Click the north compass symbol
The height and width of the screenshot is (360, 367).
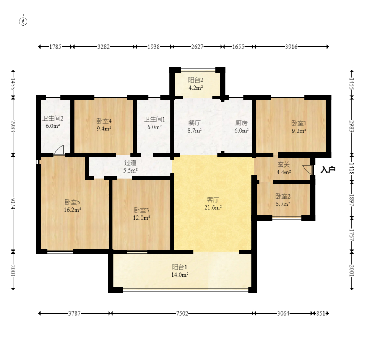pyautogui.click(x=23, y=21)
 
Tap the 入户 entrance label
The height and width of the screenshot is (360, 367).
pyautogui.click(x=328, y=169)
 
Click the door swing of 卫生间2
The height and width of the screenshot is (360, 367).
pyautogui.click(x=59, y=150)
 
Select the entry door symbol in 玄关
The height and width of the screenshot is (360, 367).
pyautogui.click(x=307, y=169)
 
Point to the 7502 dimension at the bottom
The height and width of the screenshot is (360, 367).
pyautogui.click(x=182, y=313)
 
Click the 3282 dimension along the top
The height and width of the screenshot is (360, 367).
pyautogui.click(x=104, y=47)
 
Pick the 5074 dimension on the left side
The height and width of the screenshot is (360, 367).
pyautogui.click(x=13, y=203)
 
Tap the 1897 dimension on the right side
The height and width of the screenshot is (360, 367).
pyautogui.click(x=352, y=200)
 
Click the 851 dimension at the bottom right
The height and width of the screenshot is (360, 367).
pyautogui.click(x=321, y=313)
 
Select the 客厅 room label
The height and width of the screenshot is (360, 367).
pyautogui.click(x=213, y=200)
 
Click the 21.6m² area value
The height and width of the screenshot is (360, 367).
pyautogui.click(x=213, y=207)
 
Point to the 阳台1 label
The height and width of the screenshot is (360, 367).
pyautogui.click(x=180, y=267)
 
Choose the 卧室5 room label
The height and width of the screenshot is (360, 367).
pyautogui.click(x=72, y=202)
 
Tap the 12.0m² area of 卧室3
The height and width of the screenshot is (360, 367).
pyautogui.click(x=141, y=218)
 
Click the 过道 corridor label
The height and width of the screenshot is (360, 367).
pyautogui.click(x=130, y=163)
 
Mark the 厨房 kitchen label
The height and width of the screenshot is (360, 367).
pyautogui.click(x=241, y=123)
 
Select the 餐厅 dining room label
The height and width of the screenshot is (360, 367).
pyautogui.click(x=195, y=123)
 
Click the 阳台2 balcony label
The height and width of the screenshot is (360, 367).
pyautogui.click(x=196, y=80)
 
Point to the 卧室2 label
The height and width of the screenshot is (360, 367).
pyautogui.click(x=283, y=196)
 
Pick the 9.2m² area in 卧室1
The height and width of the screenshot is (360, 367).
pyautogui.click(x=299, y=131)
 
